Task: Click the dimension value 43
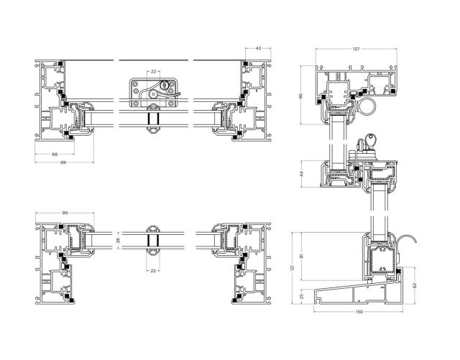[258, 48]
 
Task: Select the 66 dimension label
[55, 154]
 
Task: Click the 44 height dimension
[302, 174]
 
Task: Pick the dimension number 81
[301, 256]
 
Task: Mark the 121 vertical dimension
[292, 267]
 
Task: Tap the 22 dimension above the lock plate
[153, 71]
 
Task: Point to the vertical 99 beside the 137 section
[302, 96]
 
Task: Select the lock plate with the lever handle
[152, 91]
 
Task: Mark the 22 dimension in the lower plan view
[153, 271]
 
